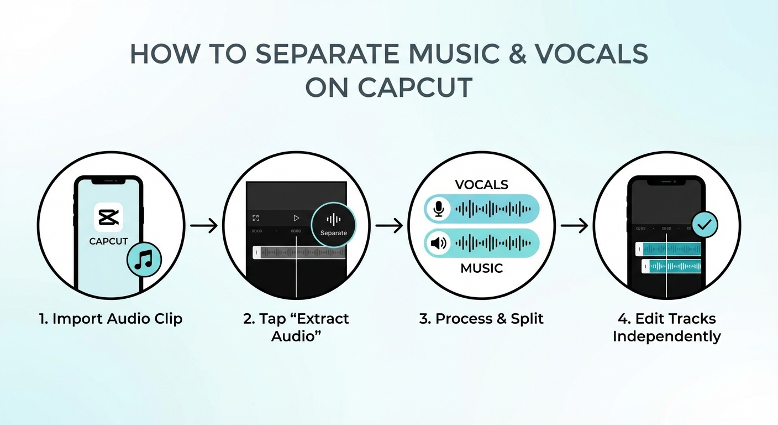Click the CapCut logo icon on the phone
(x=108, y=217)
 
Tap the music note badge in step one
(x=144, y=259)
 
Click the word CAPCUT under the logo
(x=108, y=241)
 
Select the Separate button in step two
(x=333, y=224)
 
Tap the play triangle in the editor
(x=296, y=219)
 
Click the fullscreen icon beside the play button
(x=256, y=219)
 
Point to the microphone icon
(x=439, y=209)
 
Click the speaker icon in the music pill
(x=439, y=243)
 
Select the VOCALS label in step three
(x=481, y=184)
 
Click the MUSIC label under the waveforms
(x=481, y=268)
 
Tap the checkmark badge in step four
(x=705, y=225)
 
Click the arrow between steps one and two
(x=204, y=226)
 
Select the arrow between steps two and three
(x=389, y=226)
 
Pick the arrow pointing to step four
(x=574, y=226)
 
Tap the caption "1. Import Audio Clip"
(x=111, y=319)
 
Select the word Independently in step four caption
(x=667, y=336)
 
